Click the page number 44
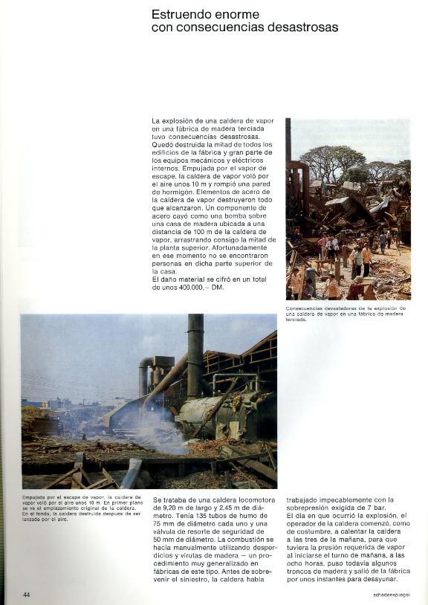(26, 595)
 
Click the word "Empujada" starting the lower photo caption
(34, 496)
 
